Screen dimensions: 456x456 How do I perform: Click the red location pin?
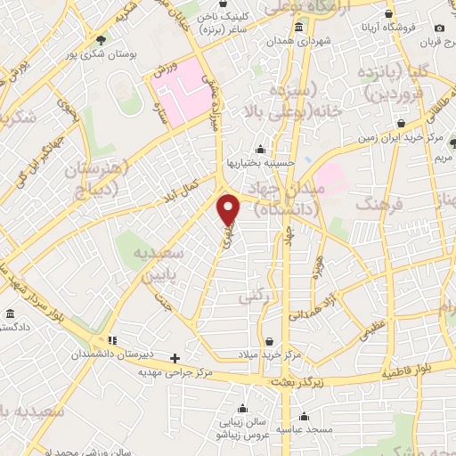pyautogui.click(x=230, y=209)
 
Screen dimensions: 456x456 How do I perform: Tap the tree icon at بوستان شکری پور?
pyautogui.click(x=101, y=40)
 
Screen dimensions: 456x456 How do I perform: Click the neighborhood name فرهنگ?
pyautogui.click(x=374, y=206)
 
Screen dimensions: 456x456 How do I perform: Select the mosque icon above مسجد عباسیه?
pyautogui.click(x=304, y=416)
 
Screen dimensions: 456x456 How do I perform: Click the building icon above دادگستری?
pyautogui.click(x=10, y=314)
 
